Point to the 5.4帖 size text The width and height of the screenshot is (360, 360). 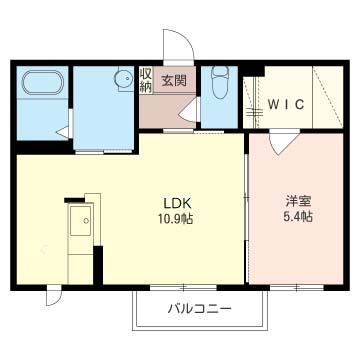297,216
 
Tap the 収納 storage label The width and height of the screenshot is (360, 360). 146,81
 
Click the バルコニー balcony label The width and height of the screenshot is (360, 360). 198,308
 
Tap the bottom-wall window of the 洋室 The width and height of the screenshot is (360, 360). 298,288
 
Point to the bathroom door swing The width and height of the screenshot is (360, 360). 64,127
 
